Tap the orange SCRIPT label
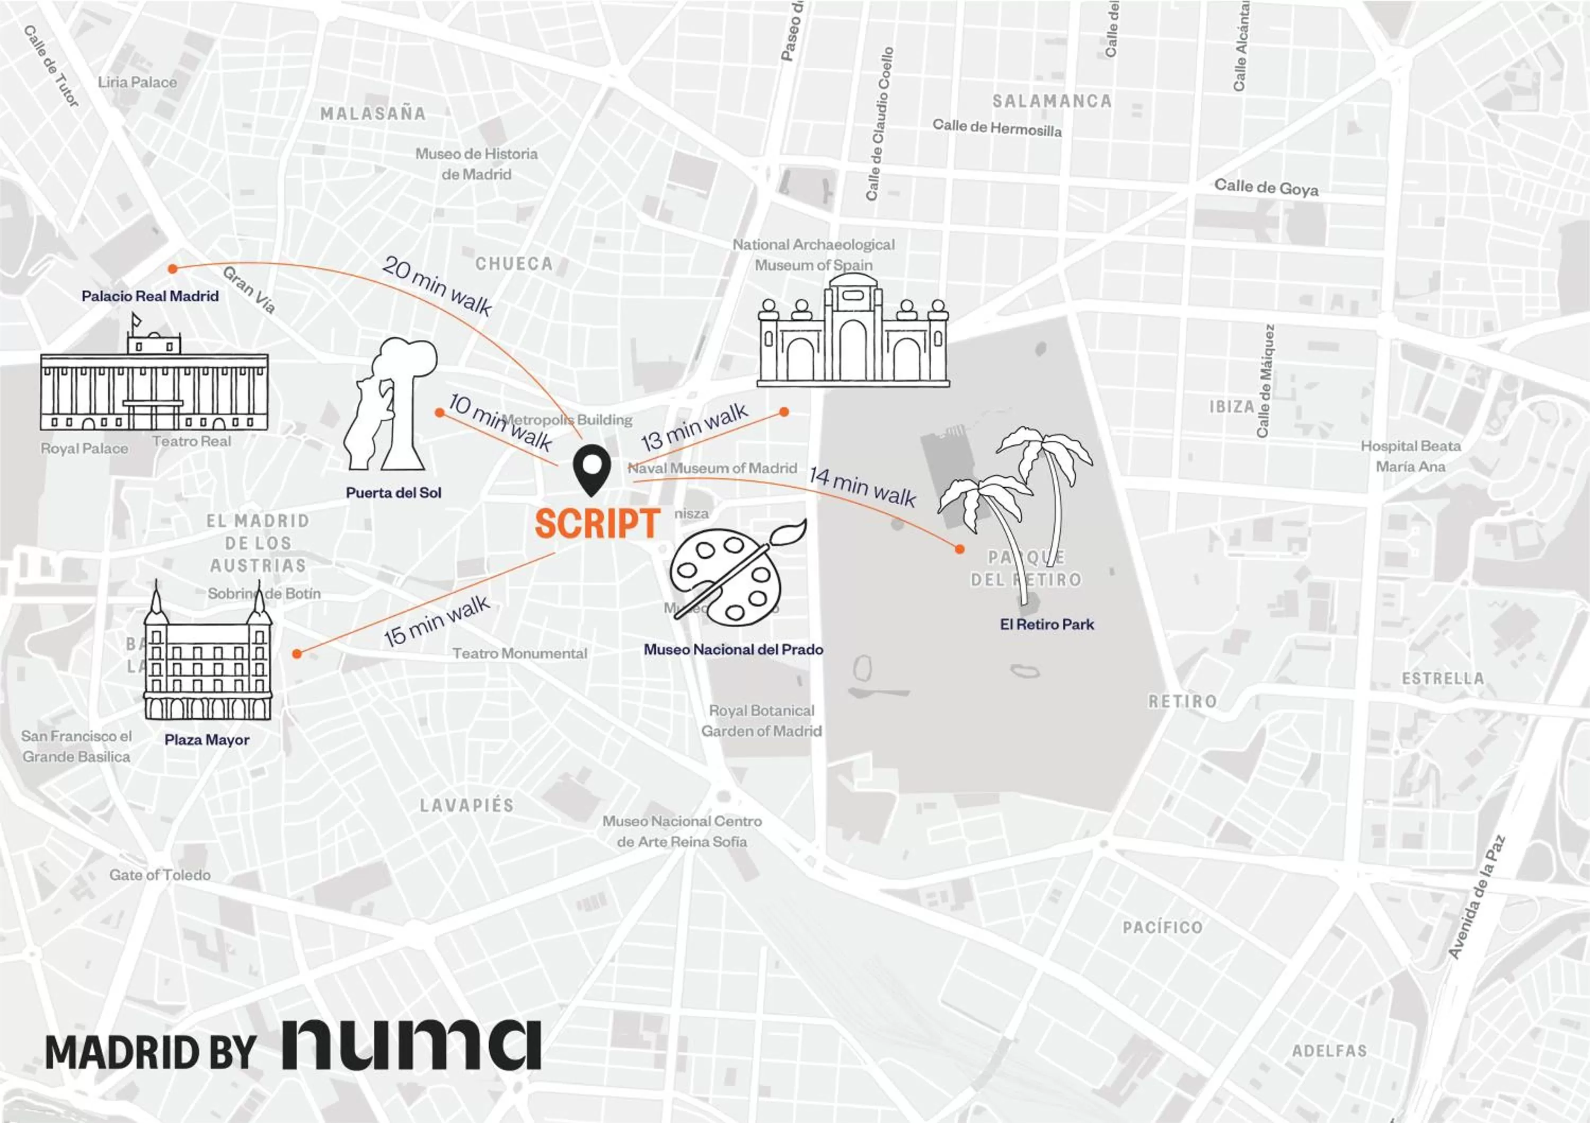coord(597,524)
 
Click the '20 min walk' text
coord(437,285)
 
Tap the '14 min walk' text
coord(862,486)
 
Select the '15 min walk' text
coord(437,621)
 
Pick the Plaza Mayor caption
coord(207,740)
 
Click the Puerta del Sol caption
coord(393,493)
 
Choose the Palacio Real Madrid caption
coord(151,296)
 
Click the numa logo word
coord(411,1044)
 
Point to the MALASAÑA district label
coord(373,113)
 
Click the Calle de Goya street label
coord(1266,188)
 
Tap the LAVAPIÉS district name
coord(467,805)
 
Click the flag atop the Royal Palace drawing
coord(136,320)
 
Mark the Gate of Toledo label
coord(160,875)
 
